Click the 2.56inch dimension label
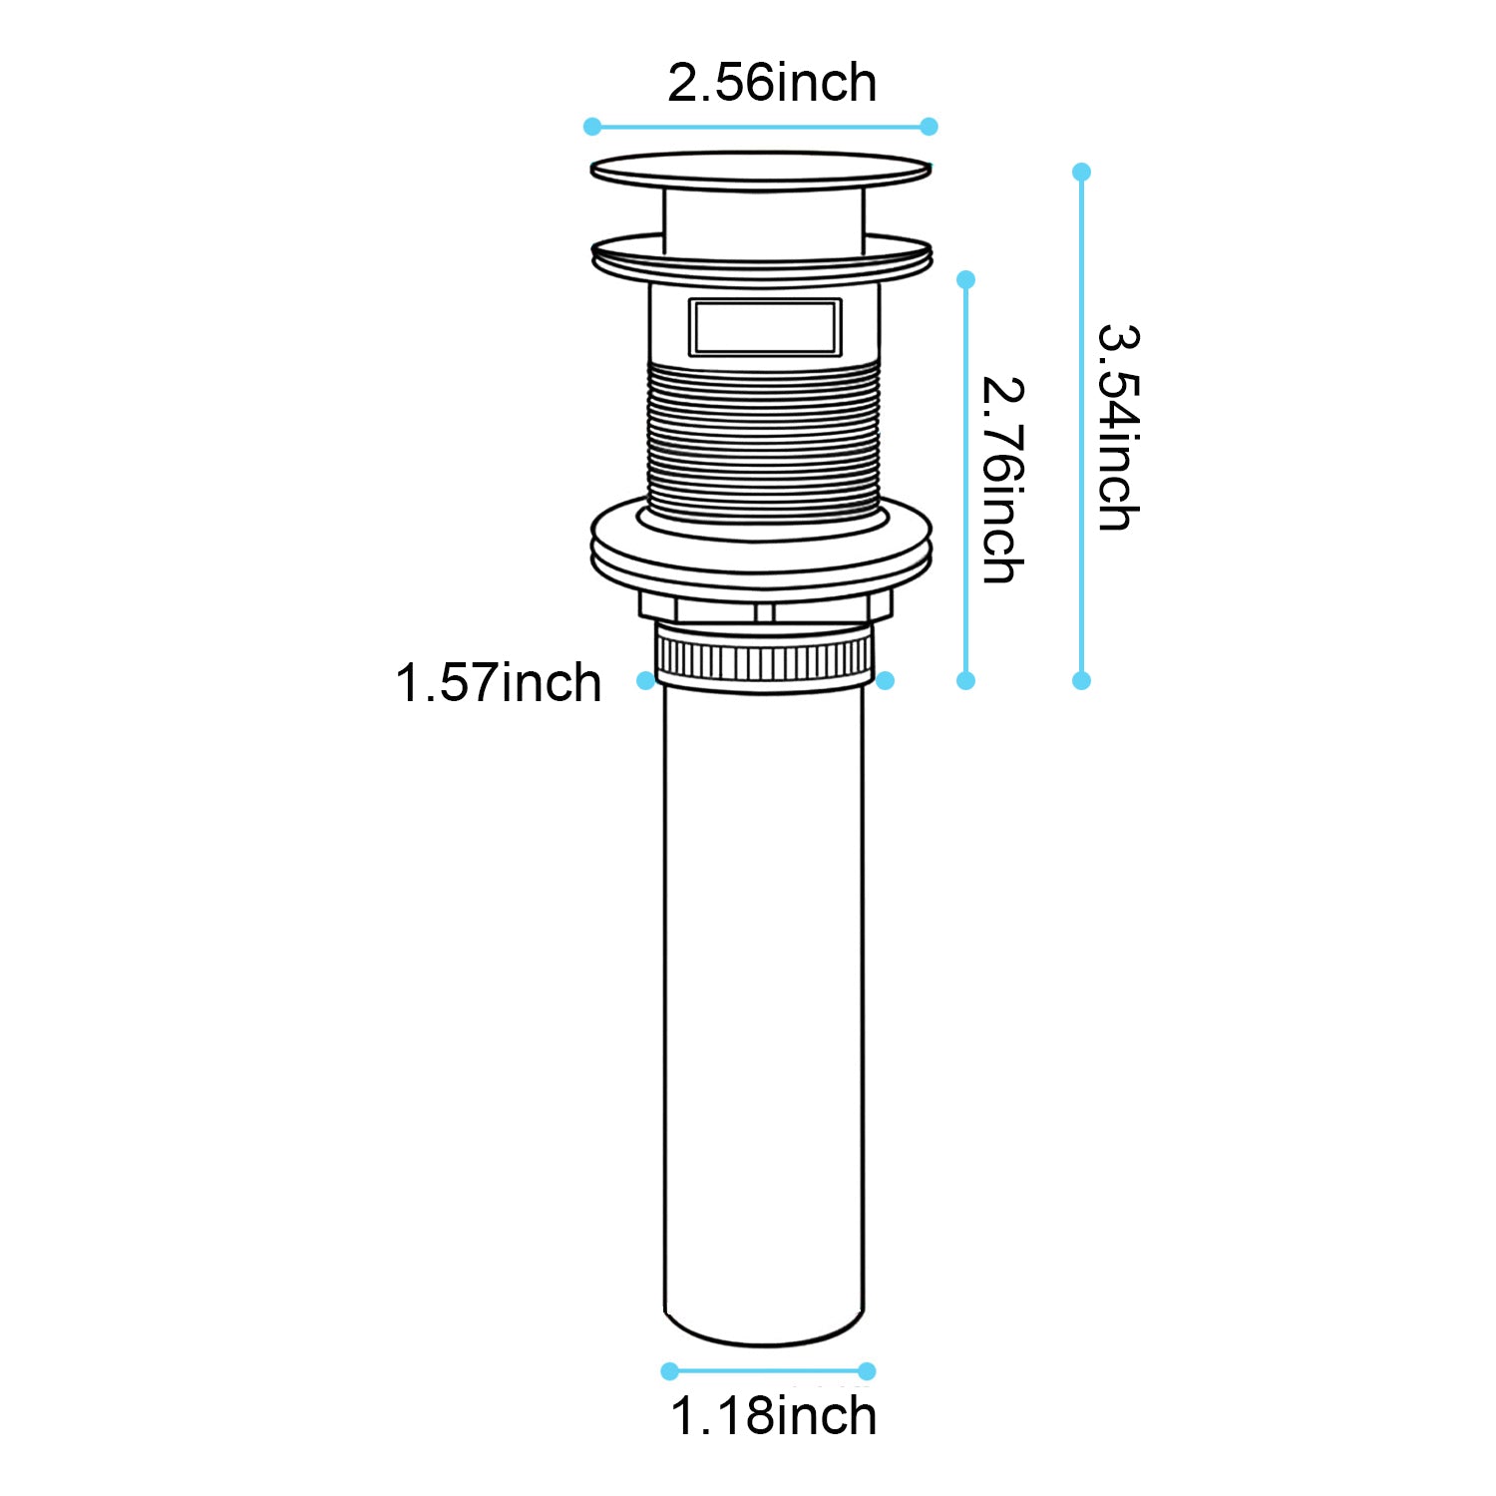[x=772, y=83]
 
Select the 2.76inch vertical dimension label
[x=1002, y=479]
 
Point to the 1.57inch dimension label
[x=499, y=684]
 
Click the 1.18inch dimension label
[x=773, y=1416]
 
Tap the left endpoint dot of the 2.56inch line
[x=592, y=127]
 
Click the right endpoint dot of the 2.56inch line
[x=930, y=127]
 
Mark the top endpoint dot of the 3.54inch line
[x=1081, y=172]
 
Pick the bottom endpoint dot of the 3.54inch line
[x=1081, y=680]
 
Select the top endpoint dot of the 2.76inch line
[x=965, y=280]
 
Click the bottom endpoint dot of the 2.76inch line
[x=965, y=680]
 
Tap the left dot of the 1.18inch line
[x=670, y=1371]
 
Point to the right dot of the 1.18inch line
[x=867, y=1371]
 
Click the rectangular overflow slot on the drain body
[x=765, y=326]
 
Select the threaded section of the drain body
[x=765, y=439]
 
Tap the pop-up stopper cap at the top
[x=761, y=171]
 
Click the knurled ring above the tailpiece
[x=764, y=658]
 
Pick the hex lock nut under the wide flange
[x=765, y=606]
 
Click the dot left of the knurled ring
[x=645, y=680]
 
